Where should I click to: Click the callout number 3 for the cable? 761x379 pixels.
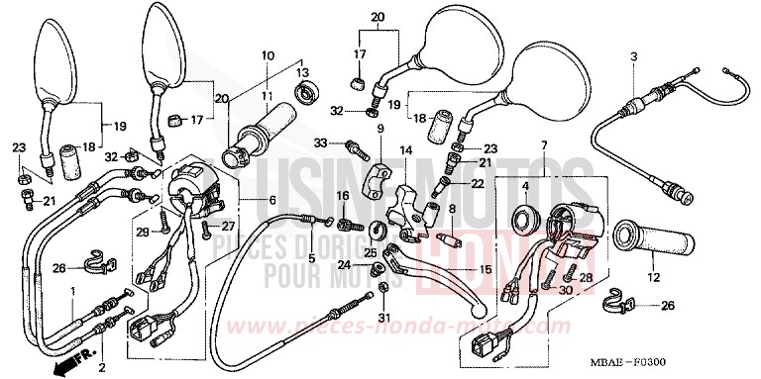coord(633,55)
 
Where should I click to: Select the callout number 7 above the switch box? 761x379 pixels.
coord(542,146)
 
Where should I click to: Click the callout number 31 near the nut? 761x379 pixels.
coord(382,318)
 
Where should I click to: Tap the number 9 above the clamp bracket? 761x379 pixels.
coord(379,129)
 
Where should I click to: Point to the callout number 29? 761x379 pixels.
coord(142,233)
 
